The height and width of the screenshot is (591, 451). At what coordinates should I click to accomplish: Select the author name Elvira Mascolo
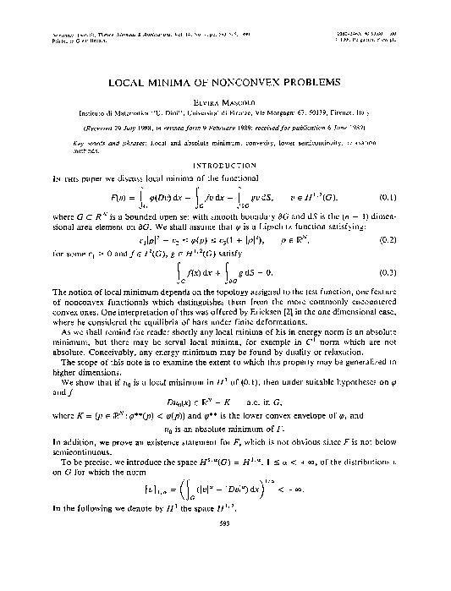(x=225, y=99)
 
